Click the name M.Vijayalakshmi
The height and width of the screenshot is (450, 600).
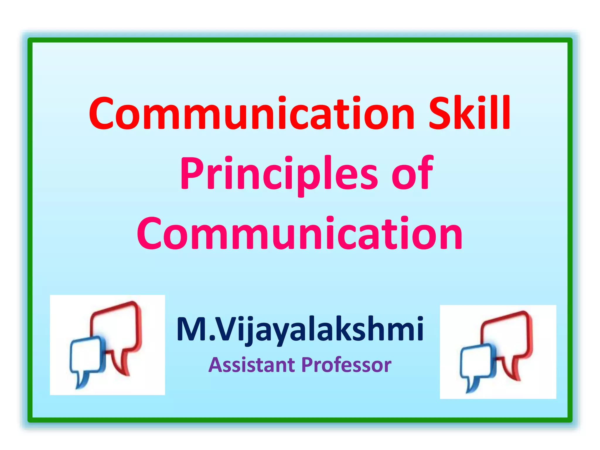[x=300, y=329]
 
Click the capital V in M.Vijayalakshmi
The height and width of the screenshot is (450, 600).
[x=227, y=329]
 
